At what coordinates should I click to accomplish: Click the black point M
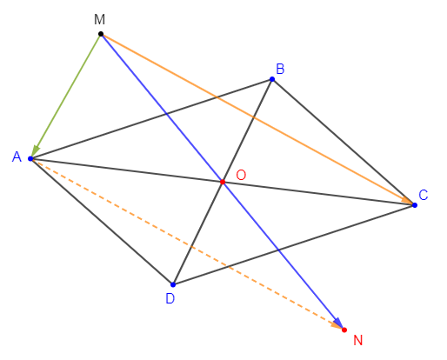[101, 34]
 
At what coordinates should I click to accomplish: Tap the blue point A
[30, 158]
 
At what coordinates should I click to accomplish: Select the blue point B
[272, 79]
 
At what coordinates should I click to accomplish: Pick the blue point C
[415, 205]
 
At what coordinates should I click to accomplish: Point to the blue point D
[173, 284]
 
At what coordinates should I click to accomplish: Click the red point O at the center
[223, 182]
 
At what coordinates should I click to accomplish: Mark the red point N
[344, 330]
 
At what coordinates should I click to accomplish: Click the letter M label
[99, 20]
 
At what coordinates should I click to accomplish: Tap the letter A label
[17, 157]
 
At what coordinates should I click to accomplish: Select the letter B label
[280, 69]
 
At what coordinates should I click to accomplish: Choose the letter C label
[424, 195]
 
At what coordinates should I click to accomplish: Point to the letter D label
[170, 298]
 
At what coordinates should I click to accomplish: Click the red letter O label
[241, 175]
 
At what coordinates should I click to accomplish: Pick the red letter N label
[358, 340]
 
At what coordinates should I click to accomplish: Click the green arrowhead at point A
[35, 151]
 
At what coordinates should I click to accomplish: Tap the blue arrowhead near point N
[338, 323]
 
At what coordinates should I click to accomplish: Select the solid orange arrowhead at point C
[406, 200]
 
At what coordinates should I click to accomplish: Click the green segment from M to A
[66, 97]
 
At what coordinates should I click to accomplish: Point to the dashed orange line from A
[187, 244]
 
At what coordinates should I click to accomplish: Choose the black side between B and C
[344, 142]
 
